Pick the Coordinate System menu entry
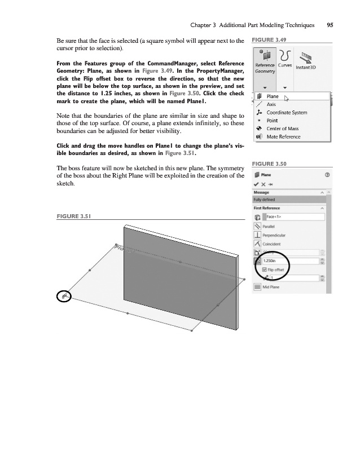pyautogui.click(x=286, y=112)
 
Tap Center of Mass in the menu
pyautogui.click(x=283, y=129)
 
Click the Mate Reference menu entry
pyautogui.click(x=283, y=136)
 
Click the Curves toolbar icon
pyautogui.click(x=284, y=59)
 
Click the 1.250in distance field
pyautogui.click(x=290, y=261)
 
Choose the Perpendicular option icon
pyautogui.click(x=257, y=235)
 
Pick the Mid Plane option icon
pyautogui.click(x=257, y=287)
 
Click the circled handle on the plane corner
pyautogui.click(x=65, y=296)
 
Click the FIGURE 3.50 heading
pyautogui.click(x=269, y=164)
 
